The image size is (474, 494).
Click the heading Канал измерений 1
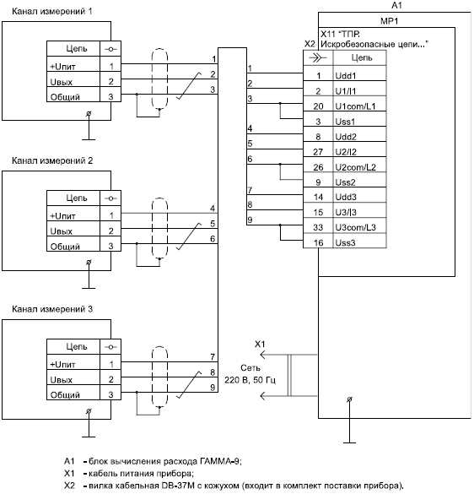[52, 11]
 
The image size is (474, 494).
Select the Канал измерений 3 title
[52, 309]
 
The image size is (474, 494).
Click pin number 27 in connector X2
[318, 152]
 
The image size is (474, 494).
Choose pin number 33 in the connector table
[318, 227]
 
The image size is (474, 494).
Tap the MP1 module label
[390, 21]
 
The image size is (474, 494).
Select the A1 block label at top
[396, 5]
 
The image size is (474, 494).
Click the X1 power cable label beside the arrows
[260, 344]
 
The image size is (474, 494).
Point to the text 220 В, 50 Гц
[250, 380]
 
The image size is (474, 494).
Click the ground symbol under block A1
[349, 421]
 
